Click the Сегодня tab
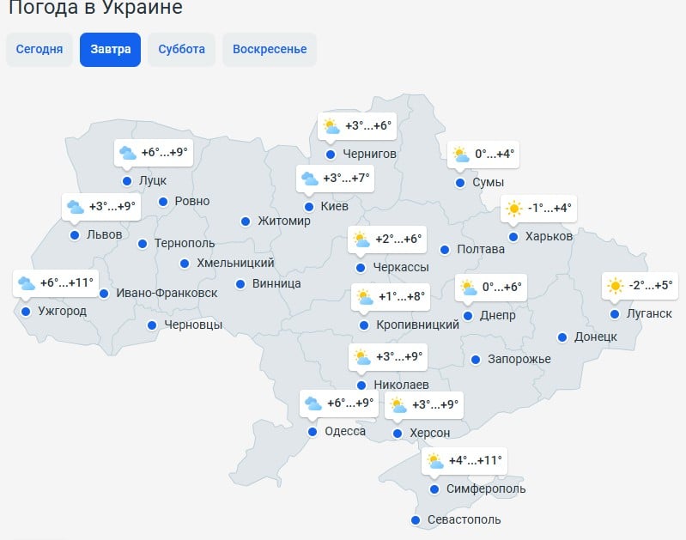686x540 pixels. pyautogui.click(x=39, y=49)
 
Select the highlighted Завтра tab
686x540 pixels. pyautogui.click(x=110, y=49)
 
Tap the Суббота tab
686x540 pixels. pyautogui.click(x=181, y=49)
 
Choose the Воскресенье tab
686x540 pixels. pyautogui.click(x=270, y=49)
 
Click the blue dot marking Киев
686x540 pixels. pyautogui.click(x=309, y=207)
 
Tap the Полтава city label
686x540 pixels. pyautogui.click(x=482, y=250)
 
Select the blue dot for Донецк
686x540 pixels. pyautogui.click(x=562, y=337)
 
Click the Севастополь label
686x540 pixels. pyautogui.click(x=464, y=519)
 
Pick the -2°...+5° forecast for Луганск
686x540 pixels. pyautogui.click(x=651, y=286)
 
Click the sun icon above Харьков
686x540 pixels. pyautogui.click(x=513, y=208)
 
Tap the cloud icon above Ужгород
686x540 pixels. pyautogui.click(x=26, y=283)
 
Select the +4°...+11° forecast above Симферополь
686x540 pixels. pyautogui.click(x=475, y=460)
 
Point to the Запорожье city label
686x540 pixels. pyautogui.click(x=519, y=359)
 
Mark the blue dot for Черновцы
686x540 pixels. pyautogui.click(x=152, y=325)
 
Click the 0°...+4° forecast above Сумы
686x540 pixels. pyautogui.click(x=495, y=155)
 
